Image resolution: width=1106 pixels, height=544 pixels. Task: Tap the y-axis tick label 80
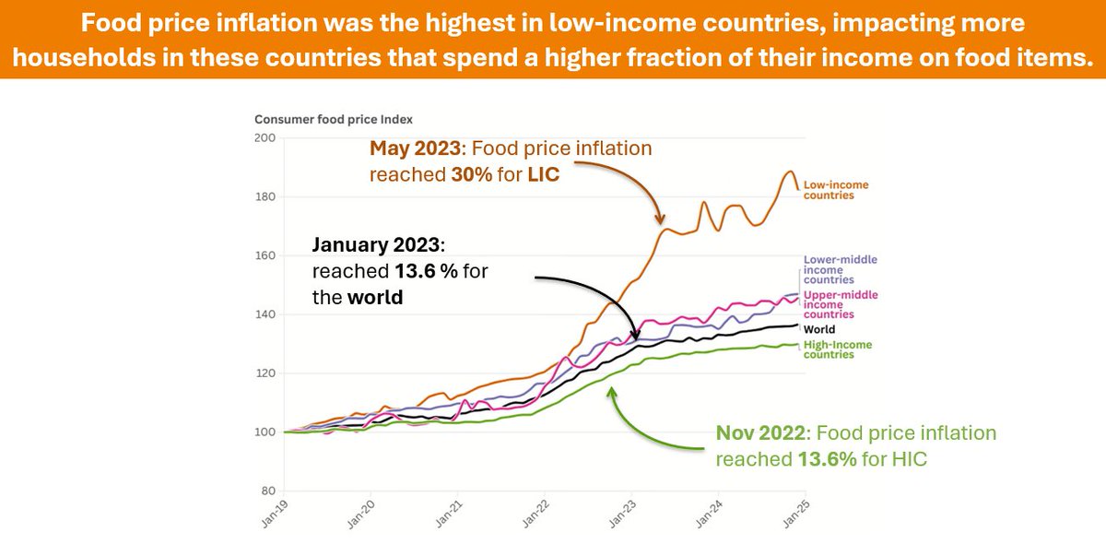267,491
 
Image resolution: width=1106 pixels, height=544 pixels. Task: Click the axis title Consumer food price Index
333,120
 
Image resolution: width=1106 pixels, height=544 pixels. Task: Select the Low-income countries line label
836,190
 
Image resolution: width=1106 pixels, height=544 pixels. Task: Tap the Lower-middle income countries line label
841,269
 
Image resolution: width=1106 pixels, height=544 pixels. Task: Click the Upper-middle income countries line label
841,304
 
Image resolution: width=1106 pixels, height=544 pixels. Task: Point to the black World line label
819,329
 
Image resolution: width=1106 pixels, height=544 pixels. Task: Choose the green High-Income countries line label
837,349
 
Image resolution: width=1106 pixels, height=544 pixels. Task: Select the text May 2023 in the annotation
409,148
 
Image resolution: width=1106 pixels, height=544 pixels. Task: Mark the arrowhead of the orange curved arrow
659,222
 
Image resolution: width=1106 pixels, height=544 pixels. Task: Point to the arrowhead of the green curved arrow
608,390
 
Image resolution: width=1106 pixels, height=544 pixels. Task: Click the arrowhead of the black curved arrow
636,338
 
